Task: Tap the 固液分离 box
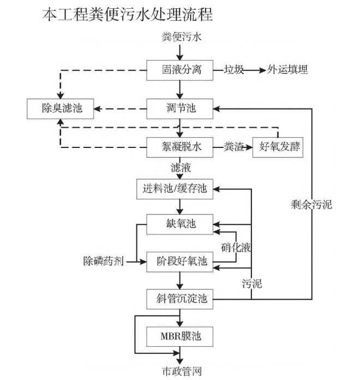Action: coord(179,70)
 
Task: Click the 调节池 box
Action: coord(179,108)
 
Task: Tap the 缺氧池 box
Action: coord(179,223)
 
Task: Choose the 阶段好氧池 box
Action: coord(179,261)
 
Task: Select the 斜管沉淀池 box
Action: coord(179,299)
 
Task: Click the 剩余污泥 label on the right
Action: coord(311,205)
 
